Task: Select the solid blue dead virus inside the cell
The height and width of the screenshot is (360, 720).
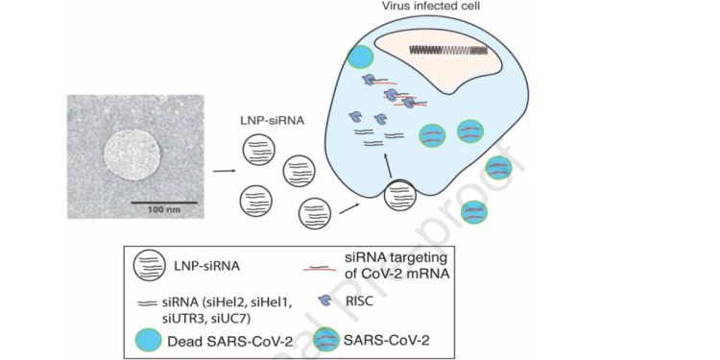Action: (x=358, y=57)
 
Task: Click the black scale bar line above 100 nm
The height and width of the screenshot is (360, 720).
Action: (x=164, y=203)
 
